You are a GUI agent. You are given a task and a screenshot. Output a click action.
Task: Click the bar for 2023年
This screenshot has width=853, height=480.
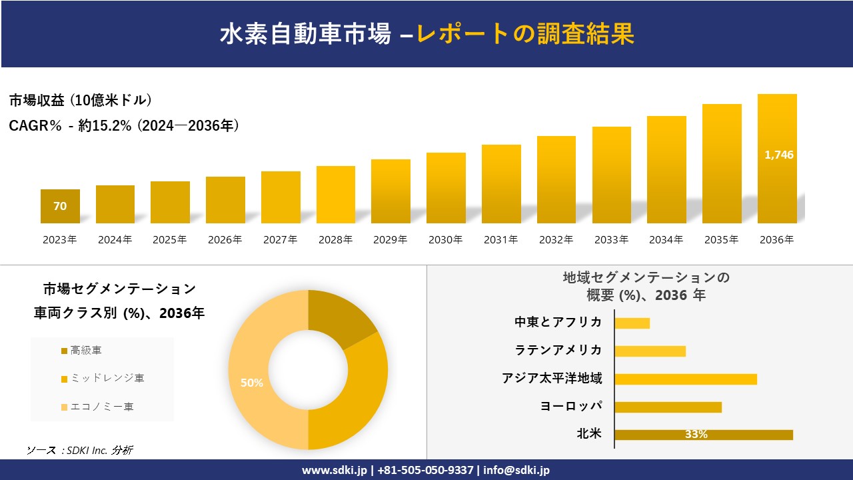pyautogui.click(x=60, y=206)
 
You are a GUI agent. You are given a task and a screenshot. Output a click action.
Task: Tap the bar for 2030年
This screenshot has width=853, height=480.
pyautogui.click(x=446, y=188)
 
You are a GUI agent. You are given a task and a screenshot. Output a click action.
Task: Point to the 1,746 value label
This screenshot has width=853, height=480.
pyautogui.click(x=778, y=155)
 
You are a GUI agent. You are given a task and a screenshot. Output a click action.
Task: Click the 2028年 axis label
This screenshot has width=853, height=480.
pyautogui.click(x=335, y=240)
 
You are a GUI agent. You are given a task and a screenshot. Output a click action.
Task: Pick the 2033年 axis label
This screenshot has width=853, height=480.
pyautogui.click(x=611, y=240)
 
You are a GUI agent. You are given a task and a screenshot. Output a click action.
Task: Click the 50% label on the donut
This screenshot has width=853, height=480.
pyautogui.click(x=252, y=383)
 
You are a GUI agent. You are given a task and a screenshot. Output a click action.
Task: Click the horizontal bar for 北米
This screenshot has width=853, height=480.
pyautogui.click(x=703, y=435)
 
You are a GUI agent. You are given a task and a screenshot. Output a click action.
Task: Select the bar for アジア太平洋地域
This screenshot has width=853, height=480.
pyautogui.click(x=685, y=379)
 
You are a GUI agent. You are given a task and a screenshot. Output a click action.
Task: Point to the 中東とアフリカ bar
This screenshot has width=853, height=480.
pyautogui.click(x=632, y=323)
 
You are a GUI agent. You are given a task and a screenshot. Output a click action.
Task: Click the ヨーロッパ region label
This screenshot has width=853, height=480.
pyautogui.click(x=571, y=406)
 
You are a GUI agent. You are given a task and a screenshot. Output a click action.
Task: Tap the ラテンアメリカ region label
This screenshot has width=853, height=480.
pyautogui.click(x=558, y=350)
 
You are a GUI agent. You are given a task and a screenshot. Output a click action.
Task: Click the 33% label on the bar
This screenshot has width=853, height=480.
pyautogui.click(x=696, y=435)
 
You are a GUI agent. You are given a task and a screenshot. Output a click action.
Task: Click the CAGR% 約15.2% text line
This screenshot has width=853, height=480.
pyautogui.click(x=124, y=126)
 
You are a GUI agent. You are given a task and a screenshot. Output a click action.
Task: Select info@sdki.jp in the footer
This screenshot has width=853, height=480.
pyautogui.click(x=516, y=470)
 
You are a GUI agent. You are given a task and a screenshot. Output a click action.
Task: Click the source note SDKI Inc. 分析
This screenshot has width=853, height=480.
pyautogui.click(x=80, y=451)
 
